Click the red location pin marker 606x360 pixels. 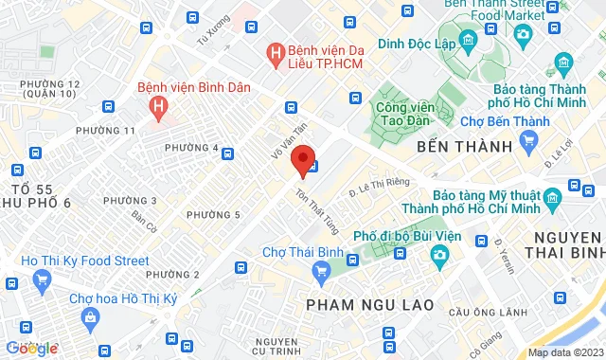[x=302, y=160]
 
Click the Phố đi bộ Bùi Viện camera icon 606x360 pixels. [x=439, y=255]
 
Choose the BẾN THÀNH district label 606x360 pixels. [x=464, y=147]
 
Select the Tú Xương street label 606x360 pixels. [x=212, y=31]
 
